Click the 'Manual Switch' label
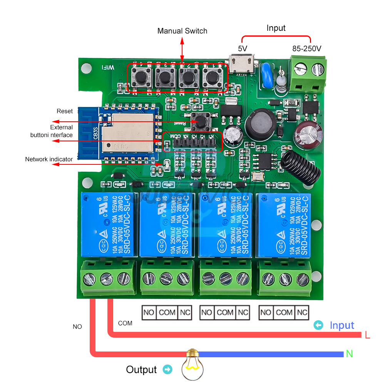182,31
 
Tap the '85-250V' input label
306,49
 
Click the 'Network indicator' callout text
49,159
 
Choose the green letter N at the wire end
349,353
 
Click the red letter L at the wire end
367,335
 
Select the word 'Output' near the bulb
141,370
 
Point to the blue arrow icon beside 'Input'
318,325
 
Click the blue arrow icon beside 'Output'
167,370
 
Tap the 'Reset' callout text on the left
65,111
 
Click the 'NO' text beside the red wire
77,327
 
